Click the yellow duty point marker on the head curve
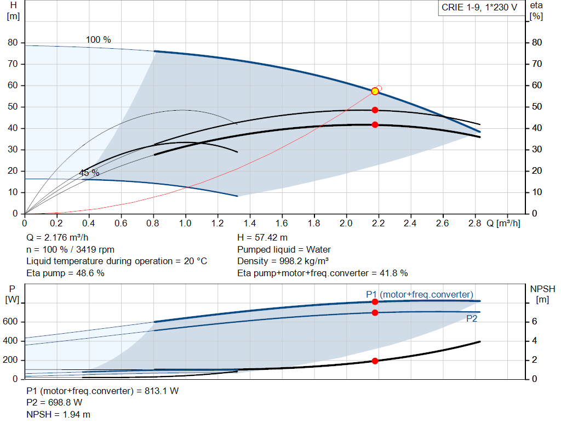[375, 91]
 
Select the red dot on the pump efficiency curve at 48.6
[375, 110]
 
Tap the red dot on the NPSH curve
[375, 361]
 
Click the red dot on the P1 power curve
[375, 302]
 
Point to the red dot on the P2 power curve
[375, 313]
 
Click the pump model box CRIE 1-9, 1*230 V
[479, 8]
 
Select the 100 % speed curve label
[99, 40]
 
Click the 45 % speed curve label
[89, 173]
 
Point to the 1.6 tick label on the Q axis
[282, 224]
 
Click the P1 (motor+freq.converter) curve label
[420, 295]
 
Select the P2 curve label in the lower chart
[471, 318]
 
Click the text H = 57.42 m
[262, 238]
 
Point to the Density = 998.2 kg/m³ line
[283, 261]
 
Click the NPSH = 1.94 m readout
[59, 415]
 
